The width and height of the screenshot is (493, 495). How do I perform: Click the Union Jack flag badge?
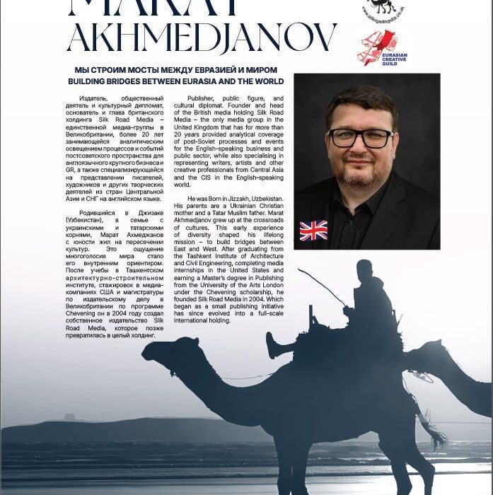[x=313, y=231]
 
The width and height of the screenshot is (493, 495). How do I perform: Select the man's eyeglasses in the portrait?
[x=360, y=136]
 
